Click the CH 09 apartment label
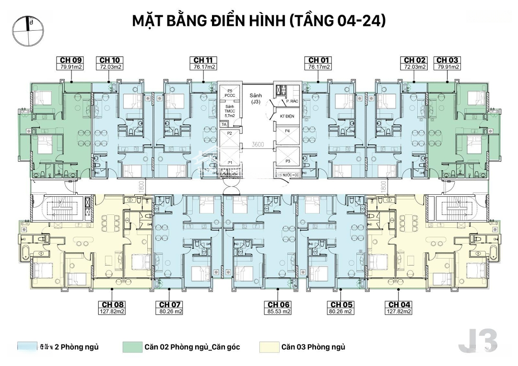coord(70,60)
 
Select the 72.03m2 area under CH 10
coord(110,67)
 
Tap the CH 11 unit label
coord(203,60)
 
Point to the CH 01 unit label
coord(319,60)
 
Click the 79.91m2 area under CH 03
coord(447,67)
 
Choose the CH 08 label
coord(113,305)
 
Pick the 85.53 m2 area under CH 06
coord(279,311)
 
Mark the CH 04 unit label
coord(400,305)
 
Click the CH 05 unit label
coord(341,305)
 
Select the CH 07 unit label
coord(170,305)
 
